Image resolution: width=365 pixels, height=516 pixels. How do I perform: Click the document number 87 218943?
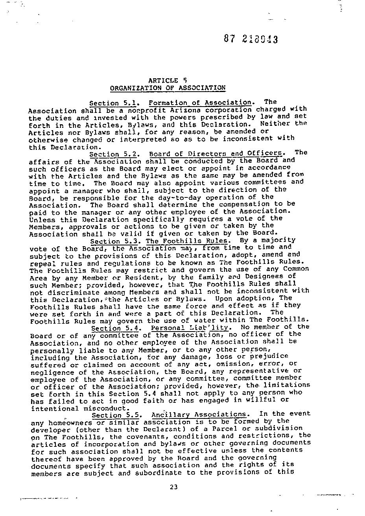pos(251,39)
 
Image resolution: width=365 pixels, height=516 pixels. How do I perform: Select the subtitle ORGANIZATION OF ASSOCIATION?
pos(168,88)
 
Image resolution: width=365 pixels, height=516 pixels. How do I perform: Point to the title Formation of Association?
pos(200,103)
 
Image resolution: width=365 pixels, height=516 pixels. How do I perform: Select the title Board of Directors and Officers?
pos(216,153)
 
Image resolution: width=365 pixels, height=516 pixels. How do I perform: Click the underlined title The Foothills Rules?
pos(186,241)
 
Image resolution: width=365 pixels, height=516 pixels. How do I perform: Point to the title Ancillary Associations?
pos(200,415)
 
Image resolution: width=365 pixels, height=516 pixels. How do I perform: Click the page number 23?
pos(174,487)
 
